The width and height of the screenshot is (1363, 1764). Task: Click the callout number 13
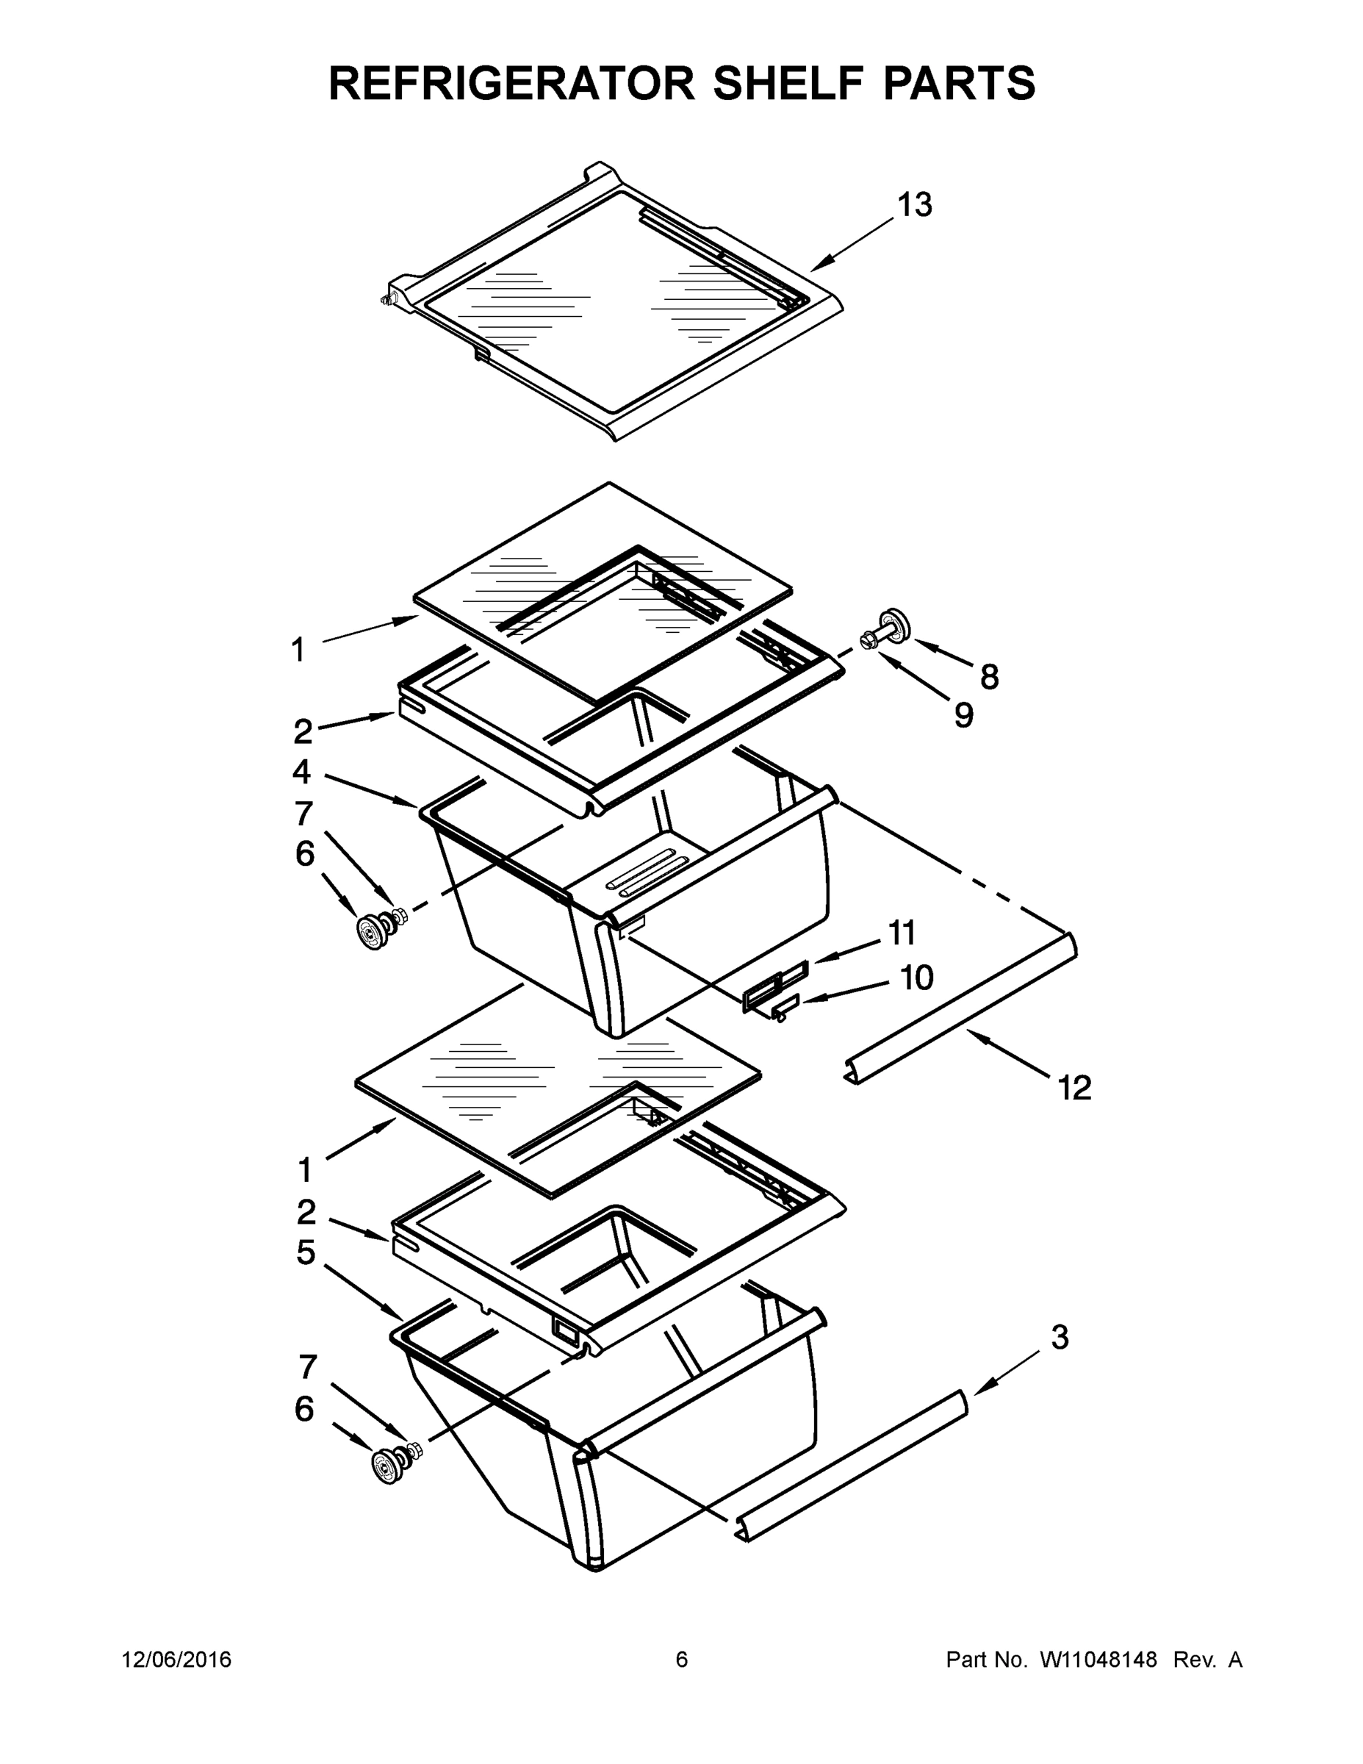(915, 205)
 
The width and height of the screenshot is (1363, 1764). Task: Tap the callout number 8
(989, 677)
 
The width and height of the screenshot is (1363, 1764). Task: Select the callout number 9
(963, 715)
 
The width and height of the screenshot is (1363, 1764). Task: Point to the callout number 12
(1074, 1088)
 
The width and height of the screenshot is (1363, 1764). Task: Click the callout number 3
(1060, 1337)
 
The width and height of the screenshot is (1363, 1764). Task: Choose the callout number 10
(916, 978)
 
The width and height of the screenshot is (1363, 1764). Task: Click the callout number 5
(305, 1252)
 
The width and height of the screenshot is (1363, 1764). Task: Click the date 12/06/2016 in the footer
(176, 1660)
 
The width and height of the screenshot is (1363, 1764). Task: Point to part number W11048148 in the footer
(1098, 1660)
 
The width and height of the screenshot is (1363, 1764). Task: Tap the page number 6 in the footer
(682, 1660)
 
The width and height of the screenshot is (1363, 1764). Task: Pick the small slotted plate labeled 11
(775, 986)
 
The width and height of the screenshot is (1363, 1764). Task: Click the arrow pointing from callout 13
(852, 244)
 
